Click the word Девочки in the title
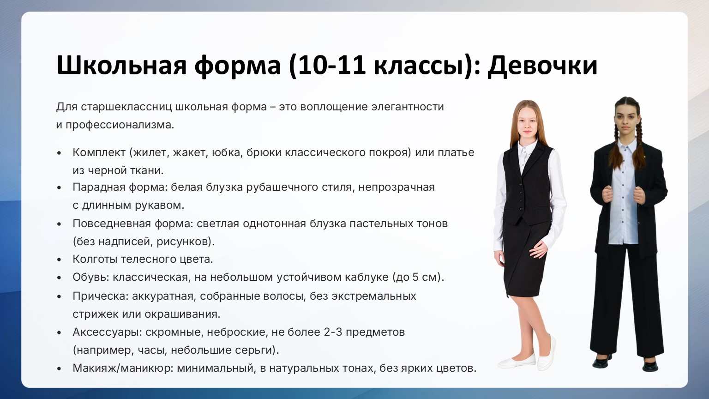pos(542,66)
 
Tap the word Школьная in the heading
pos(121,66)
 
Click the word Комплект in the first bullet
pos(99,153)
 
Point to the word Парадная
pos(98,187)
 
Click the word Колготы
pos(95,259)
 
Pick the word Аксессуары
pos(107,332)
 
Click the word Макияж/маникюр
pos(122,368)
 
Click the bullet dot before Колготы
pos(59,260)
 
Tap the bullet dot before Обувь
pos(59,278)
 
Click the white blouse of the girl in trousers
pos(623,196)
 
